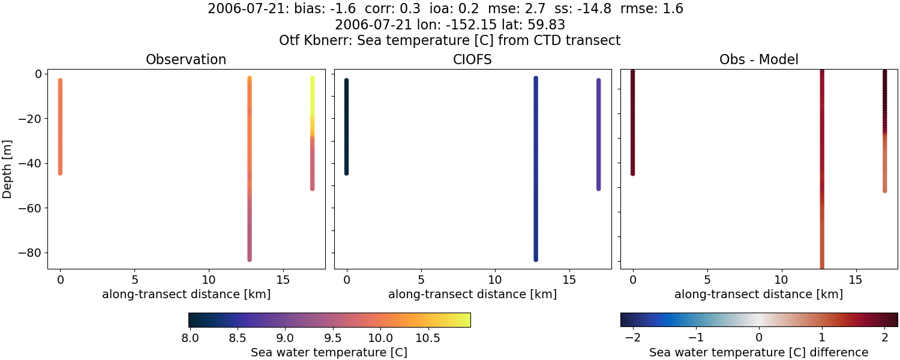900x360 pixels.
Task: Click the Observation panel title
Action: pyautogui.click(x=186, y=60)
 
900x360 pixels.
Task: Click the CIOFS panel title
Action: pyautogui.click(x=472, y=60)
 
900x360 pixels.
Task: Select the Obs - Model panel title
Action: pyautogui.click(x=758, y=60)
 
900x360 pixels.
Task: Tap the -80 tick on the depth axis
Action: pyautogui.click(x=29, y=253)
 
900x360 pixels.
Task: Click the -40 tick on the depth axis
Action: pyautogui.click(x=29, y=163)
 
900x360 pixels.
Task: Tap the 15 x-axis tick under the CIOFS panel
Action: pyautogui.click(x=569, y=280)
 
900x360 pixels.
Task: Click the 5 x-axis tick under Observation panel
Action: pyautogui.click(x=134, y=280)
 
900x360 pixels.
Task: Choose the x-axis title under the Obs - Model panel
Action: pyautogui.click(x=758, y=295)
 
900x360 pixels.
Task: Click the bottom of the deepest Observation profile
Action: pyautogui.click(x=249, y=259)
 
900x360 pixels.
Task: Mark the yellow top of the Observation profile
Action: pyautogui.click(x=312, y=80)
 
